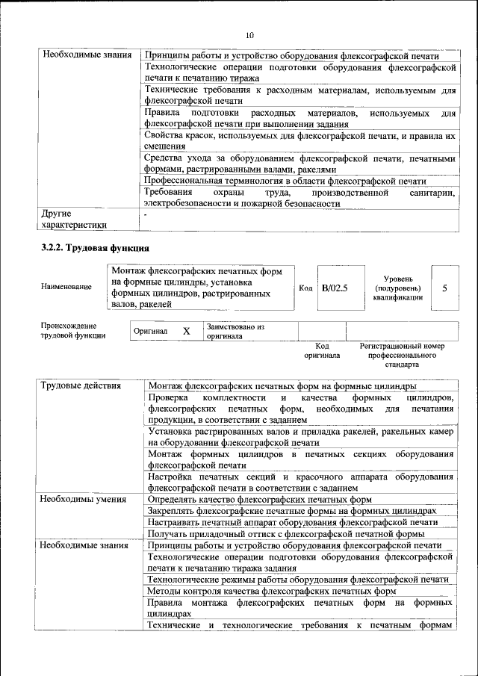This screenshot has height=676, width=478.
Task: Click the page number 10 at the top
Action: click(x=249, y=35)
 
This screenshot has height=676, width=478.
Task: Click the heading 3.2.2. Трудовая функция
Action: click(x=96, y=246)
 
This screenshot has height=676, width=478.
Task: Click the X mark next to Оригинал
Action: click(x=187, y=331)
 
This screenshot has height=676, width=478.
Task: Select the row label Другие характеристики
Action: click(x=75, y=218)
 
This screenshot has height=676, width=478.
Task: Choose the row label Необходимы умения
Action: click(x=83, y=499)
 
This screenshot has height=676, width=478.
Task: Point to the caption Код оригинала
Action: click(x=322, y=351)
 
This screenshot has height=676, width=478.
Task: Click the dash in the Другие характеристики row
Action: click(x=146, y=215)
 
